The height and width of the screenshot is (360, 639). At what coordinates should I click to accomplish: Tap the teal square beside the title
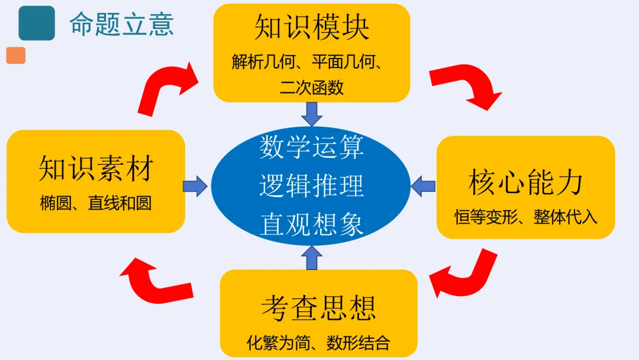point(37,23)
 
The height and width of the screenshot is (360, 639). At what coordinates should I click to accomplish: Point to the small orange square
point(16,56)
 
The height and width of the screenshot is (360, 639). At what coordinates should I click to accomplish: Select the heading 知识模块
point(312,28)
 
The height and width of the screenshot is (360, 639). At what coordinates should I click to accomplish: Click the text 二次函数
point(312,88)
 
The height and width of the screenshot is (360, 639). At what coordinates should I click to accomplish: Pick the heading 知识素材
point(96,168)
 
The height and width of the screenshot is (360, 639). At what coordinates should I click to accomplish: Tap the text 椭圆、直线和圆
point(96,203)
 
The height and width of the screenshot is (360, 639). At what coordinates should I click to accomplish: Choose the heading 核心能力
point(525,182)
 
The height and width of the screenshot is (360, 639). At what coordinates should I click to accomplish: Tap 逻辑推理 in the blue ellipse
point(311,186)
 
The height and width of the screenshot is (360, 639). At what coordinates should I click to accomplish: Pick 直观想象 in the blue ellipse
point(311,224)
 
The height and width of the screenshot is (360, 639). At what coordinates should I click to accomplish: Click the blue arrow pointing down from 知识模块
point(312,113)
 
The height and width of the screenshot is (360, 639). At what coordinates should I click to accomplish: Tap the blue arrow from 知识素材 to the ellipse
point(196,186)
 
